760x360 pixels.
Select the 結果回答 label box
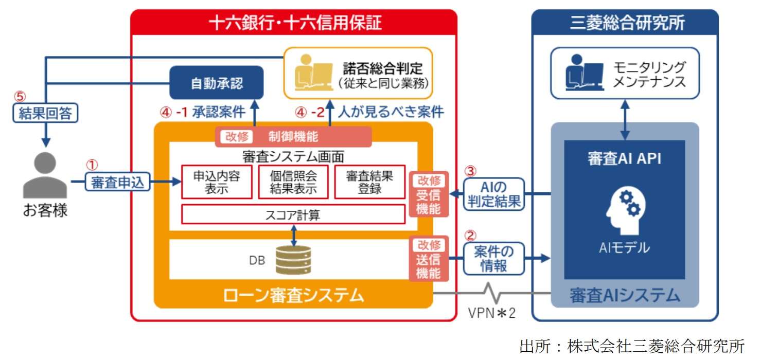click(x=46, y=113)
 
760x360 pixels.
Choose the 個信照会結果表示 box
click(x=293, y=182)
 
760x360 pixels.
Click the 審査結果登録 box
click(x=369, y=182)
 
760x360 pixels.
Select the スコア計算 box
click(x=293, y=214)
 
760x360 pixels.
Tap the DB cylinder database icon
click(x=293, y=260)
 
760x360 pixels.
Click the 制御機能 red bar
click(x=293, y=137)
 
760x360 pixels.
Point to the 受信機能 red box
click(x=428, y=194)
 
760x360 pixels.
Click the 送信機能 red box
click(x=428, y=259)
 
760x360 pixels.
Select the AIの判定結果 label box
click(x=494, y=194)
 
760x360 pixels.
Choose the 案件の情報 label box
click(x=494, y=259)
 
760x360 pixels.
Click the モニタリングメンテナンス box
click(x=625, y=74)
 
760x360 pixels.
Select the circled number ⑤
click(x=20, y=96)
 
